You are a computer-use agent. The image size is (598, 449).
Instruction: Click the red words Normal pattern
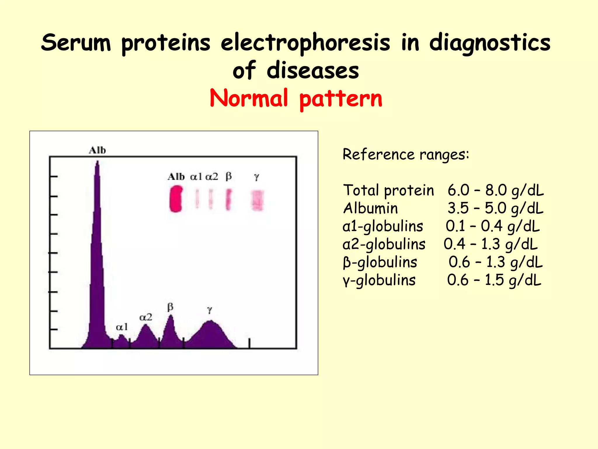pos(296,99)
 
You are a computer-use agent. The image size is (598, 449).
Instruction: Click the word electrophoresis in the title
pos(305,43)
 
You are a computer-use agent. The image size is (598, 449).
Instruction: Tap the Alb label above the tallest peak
pos(97,150)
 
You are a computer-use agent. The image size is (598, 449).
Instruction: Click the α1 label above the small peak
pos(122,327)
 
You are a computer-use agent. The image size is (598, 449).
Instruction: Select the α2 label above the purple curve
pos(146,317)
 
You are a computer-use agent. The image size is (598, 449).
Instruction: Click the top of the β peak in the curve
pos(170,317)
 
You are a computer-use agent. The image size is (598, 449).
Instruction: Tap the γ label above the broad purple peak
pos(209,310)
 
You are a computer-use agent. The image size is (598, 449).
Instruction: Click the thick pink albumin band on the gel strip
pos(176,199)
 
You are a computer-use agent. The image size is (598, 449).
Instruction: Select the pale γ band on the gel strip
pos(258,200)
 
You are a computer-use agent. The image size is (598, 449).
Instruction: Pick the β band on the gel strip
pos(229,200)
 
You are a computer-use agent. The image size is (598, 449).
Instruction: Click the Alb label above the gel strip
pos(176,177)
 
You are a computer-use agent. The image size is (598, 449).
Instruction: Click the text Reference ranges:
pos(406,154)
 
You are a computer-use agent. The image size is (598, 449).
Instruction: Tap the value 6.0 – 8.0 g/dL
pos(496,190)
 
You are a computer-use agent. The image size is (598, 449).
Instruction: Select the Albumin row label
pos(370,208)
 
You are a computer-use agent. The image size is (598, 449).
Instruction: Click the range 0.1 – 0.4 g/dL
pos(493,226)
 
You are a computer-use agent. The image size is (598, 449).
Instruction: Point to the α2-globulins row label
pos(384,244)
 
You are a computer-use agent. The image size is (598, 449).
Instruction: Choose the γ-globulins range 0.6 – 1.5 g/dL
pos(494,280)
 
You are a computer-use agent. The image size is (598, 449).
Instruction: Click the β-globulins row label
pos(380,262)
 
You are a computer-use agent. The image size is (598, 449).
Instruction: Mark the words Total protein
pos(388,190)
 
